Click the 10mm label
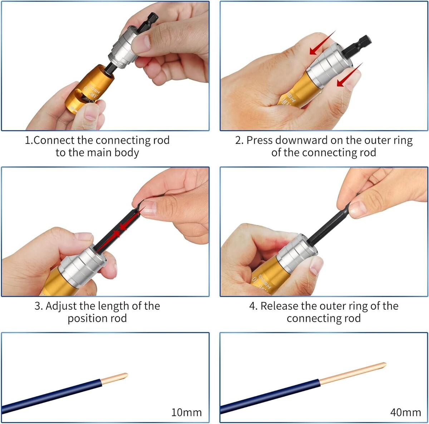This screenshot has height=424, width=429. (186, 413)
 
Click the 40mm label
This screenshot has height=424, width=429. (406, 413)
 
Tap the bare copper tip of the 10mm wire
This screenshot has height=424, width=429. (114, 379)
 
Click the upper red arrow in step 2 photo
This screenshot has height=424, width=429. (322, 43)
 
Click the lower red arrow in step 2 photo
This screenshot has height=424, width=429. (350, 75)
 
